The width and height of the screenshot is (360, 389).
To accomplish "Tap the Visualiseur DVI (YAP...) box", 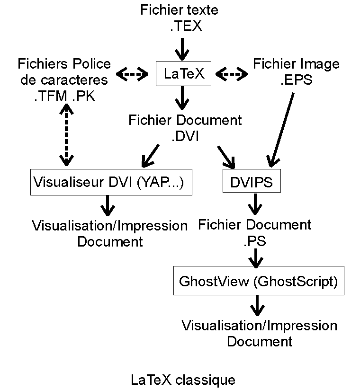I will [111, 182].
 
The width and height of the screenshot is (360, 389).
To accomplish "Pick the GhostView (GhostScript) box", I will [258, 282].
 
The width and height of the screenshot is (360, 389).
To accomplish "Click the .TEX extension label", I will [186, 27].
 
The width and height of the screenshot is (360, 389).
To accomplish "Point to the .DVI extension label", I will [185, 137].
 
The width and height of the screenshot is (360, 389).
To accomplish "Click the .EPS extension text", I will [296, 80].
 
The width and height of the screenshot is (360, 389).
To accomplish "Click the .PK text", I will [84, 97].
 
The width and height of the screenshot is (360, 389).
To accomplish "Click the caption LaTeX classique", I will [183, 380].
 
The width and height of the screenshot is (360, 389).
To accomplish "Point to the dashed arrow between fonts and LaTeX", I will [132, 74].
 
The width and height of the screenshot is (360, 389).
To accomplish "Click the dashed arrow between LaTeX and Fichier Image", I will [232, 74].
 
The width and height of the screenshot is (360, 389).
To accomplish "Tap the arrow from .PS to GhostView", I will [256, 257].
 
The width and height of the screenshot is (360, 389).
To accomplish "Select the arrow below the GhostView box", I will [257, 306].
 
